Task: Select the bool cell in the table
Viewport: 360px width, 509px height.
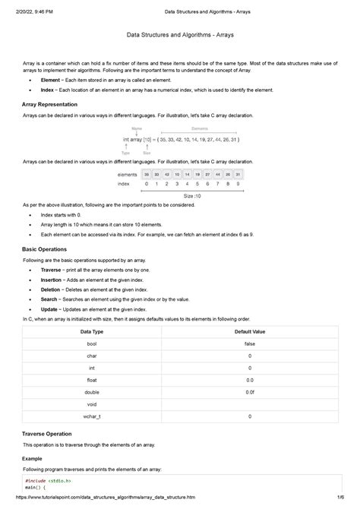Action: (92, 344)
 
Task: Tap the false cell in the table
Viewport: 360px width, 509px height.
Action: (249, 344)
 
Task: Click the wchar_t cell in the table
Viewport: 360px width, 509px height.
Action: (92, 416)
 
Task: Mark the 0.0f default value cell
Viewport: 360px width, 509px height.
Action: (249, 393)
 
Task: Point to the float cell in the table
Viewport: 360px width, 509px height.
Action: (92, 381)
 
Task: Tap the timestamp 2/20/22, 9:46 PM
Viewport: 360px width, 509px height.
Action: (37, 8)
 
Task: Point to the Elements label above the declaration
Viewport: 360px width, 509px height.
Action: (200, 128)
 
